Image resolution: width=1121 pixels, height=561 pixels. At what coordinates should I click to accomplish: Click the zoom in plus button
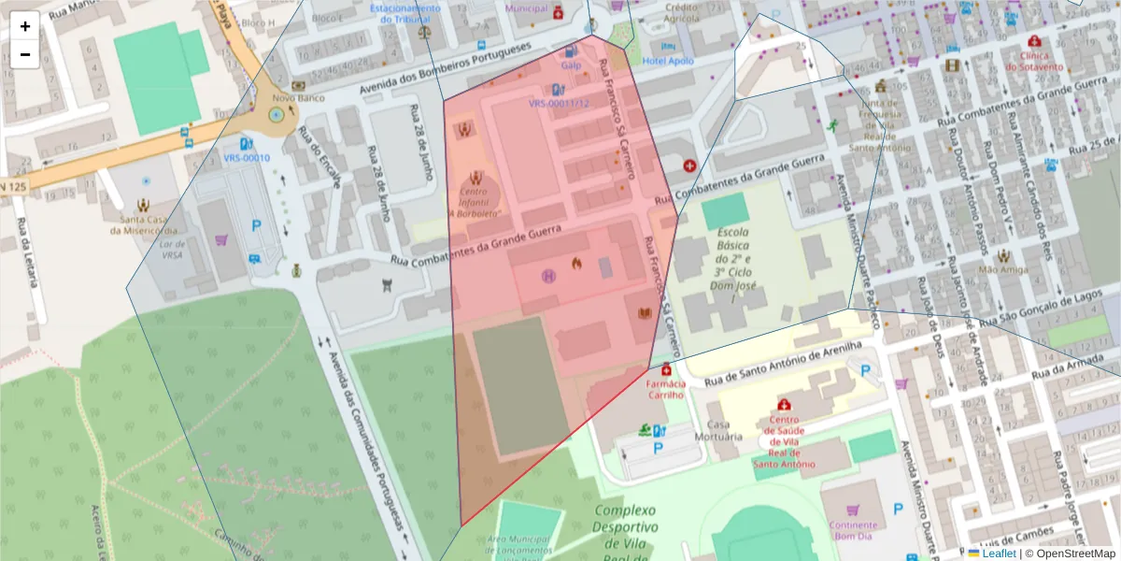tap(25, 26)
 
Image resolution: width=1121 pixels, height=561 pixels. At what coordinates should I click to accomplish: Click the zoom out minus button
tap(25, 54)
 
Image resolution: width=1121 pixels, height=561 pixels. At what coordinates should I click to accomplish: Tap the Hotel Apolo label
tap(668, 61)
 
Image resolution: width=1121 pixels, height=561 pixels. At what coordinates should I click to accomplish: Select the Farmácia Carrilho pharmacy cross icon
tap(665, 369)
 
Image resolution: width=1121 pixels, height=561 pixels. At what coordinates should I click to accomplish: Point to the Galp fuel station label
tap(571, 65)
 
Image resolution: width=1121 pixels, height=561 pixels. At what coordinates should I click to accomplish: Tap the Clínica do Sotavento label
tap(1034, 61)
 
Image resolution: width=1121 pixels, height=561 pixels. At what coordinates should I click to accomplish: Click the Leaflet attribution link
tap(999, 554)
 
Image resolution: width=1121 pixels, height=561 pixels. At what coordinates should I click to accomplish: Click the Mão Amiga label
tap(1002, 269)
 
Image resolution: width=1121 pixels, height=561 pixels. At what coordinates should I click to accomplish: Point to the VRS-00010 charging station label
tap(247, 158)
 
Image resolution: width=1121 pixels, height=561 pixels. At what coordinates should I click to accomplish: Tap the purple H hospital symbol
tap(548, 275)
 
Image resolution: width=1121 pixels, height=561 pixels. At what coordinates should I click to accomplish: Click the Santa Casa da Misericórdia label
tap(144, 224)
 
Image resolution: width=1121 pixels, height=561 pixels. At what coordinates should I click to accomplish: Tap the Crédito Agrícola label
tap(681, 12)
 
